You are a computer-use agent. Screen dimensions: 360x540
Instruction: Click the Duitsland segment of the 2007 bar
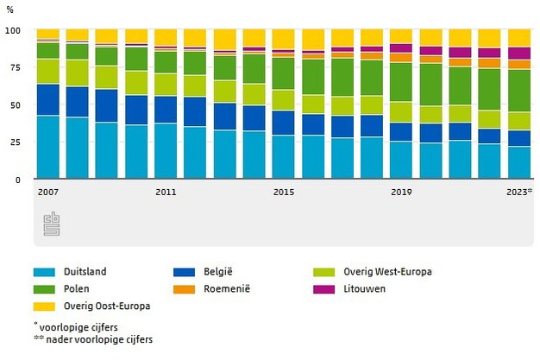48,147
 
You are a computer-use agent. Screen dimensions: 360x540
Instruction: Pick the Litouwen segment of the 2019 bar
401,48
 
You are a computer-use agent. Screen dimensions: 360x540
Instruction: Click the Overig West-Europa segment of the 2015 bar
283,100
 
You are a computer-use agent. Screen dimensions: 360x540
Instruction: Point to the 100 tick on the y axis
12,30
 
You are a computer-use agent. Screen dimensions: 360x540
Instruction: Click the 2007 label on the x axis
47,192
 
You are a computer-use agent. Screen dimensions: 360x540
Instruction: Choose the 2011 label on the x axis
166,192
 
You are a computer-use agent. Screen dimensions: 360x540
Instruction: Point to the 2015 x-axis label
283,192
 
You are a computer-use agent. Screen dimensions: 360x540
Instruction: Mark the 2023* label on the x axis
519,192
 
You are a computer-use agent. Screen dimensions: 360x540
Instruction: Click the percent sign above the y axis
9,9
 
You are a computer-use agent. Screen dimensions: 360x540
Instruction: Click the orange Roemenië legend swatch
184,289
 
